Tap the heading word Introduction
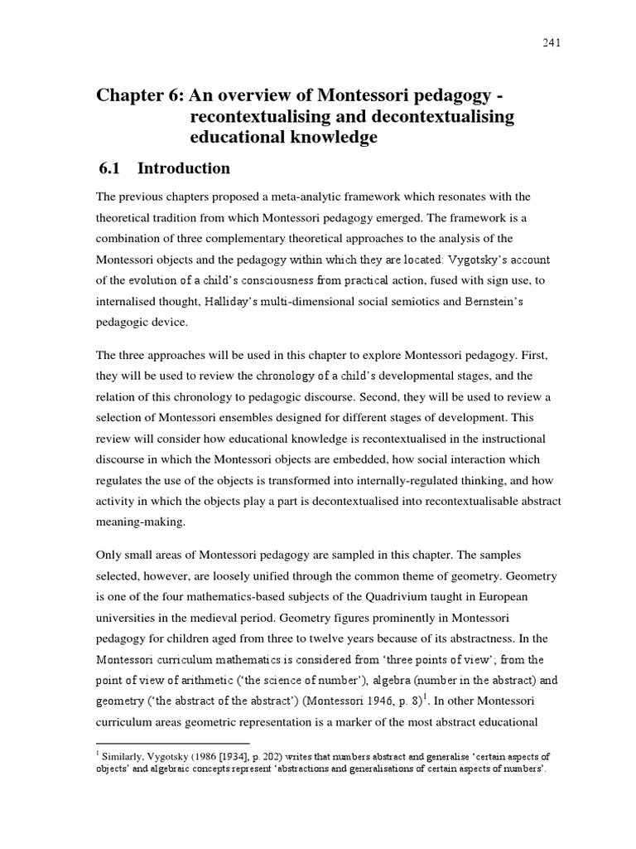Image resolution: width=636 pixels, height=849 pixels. tap(183, 168)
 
